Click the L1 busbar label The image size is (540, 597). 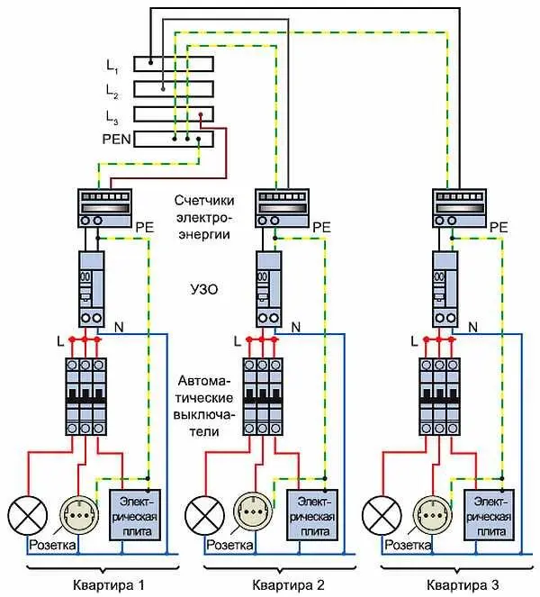(x=112, y=66)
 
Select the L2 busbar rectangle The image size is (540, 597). (x=175, y=89)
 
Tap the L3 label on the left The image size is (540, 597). (x=112, y=116)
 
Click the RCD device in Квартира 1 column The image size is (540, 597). (x=91, y=288)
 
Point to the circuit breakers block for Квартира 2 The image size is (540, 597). (x=266, y=395)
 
